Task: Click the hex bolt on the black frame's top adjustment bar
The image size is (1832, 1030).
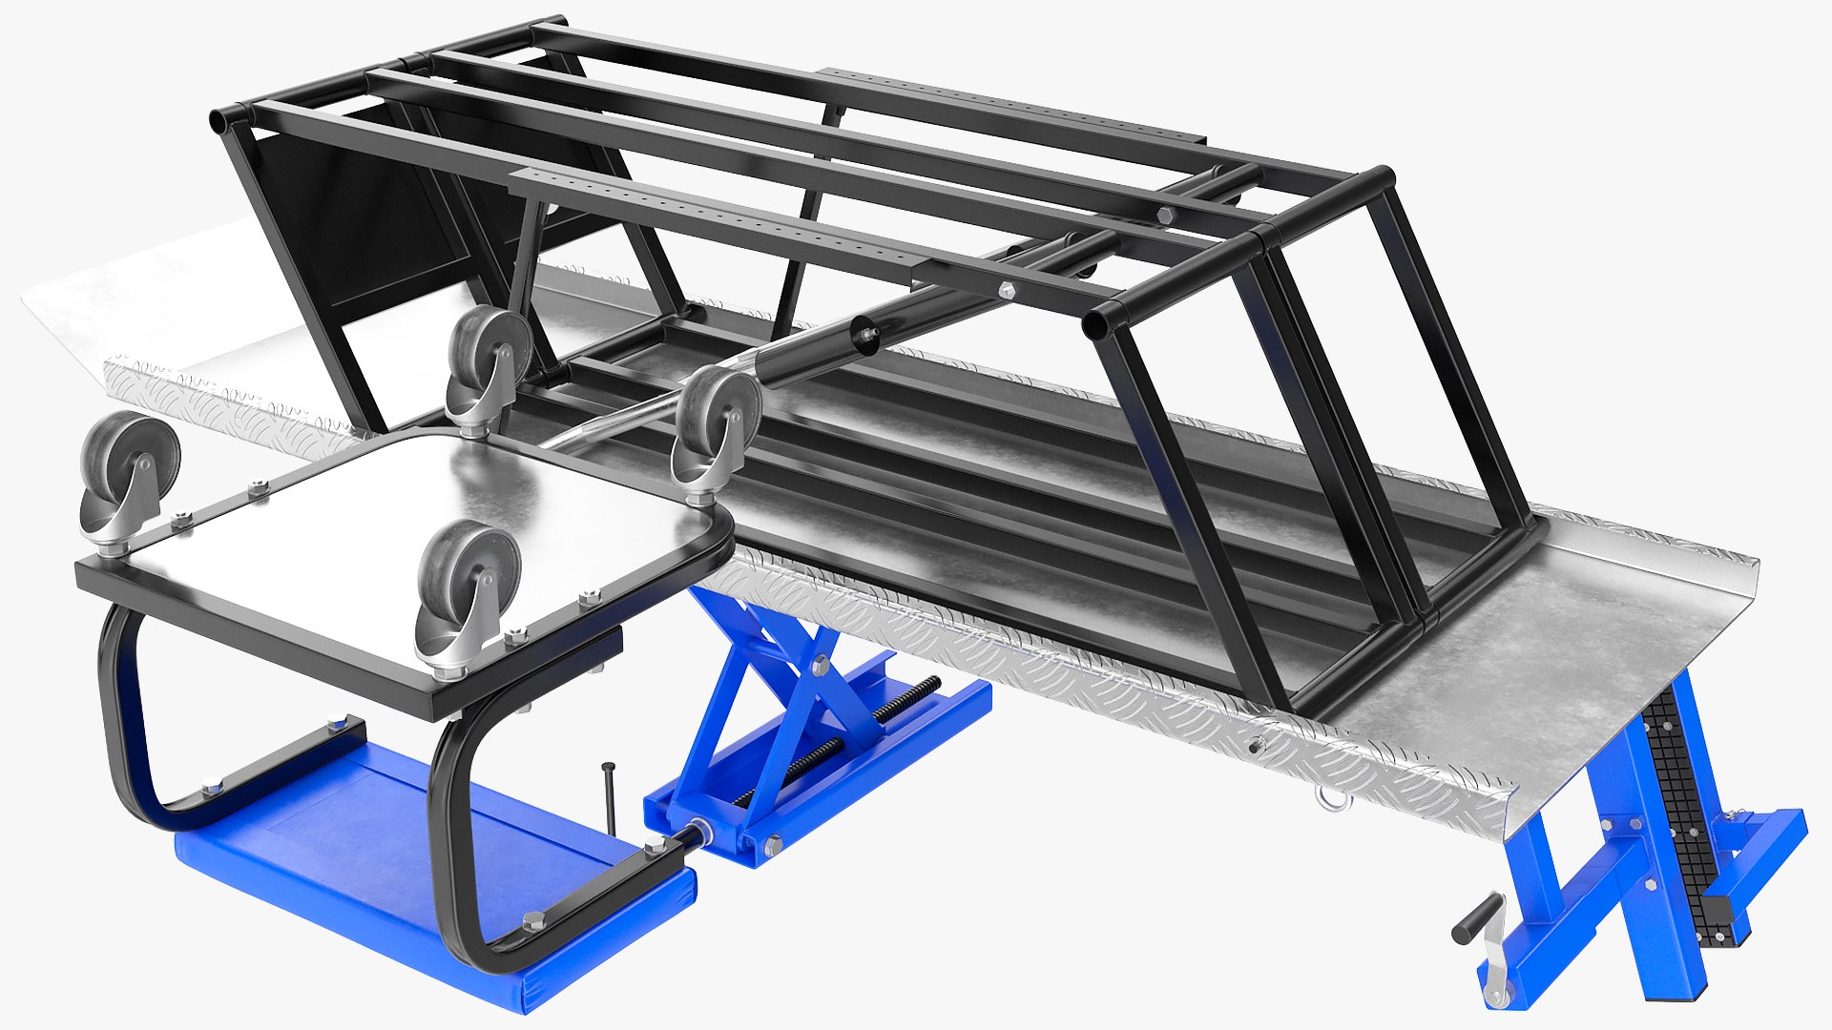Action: (x=1008, y=289)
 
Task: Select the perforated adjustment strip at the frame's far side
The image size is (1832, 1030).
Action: (x=1011, y=100)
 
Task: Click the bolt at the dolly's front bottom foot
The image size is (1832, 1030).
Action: (x=532, y=920)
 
